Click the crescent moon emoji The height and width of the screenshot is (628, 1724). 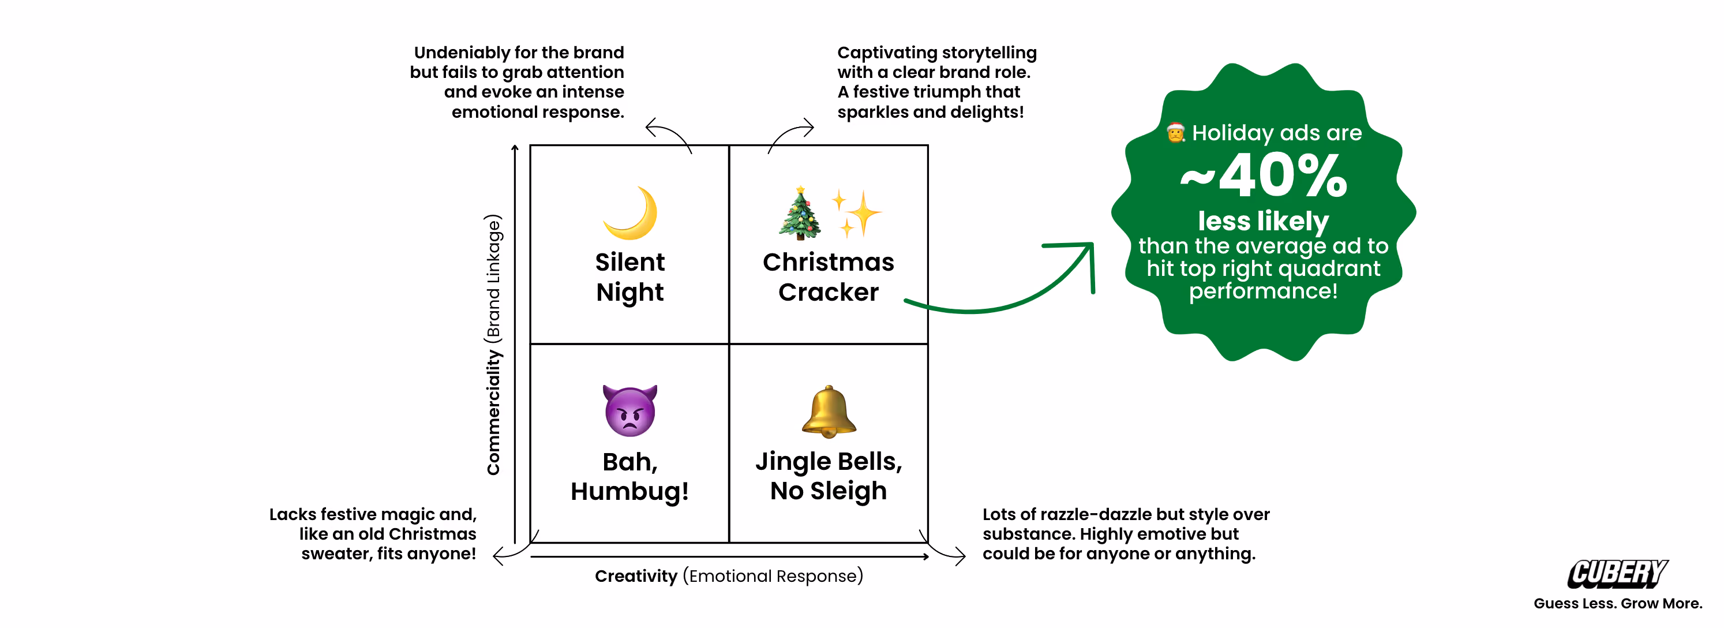pyautogui.click(x=631, y=213)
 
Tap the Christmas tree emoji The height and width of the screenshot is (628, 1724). pyautogui.click(x=800, y=213)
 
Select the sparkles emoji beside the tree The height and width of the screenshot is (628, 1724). pyautogui.click(x=856, y=213)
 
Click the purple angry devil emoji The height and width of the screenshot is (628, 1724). pyautogui.click(x=630, y=410)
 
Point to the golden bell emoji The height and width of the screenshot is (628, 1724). pyautogui.click(x=829, y=411)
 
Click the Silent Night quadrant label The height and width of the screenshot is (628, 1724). pyautogui.click(x=630, y=277)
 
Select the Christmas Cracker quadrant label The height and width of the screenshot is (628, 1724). pyautogui.click(x=829, y=277)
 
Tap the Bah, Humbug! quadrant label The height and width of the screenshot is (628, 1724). pyautogui.click(x=630, y=476)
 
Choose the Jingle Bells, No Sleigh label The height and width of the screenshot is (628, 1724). pyautogui.click(x=829, y=476)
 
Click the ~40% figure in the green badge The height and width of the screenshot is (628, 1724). pyautogui.click(x=1264, y=175)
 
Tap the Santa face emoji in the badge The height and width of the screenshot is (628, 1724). pyautogui.click(x=1176, y=133)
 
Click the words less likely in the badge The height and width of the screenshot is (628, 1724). pyautogui.click(x=1263, y=221)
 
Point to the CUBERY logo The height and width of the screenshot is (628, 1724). pyautogui.click(x=1618, y=574)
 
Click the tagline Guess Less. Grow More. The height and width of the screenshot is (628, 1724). pyautogui.click(x=1618, y=603)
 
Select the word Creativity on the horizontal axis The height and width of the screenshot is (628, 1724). pyautogui.click(x=636, y=576)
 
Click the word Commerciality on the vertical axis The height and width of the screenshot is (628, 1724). pyautogui.click(x=493, y=413)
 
